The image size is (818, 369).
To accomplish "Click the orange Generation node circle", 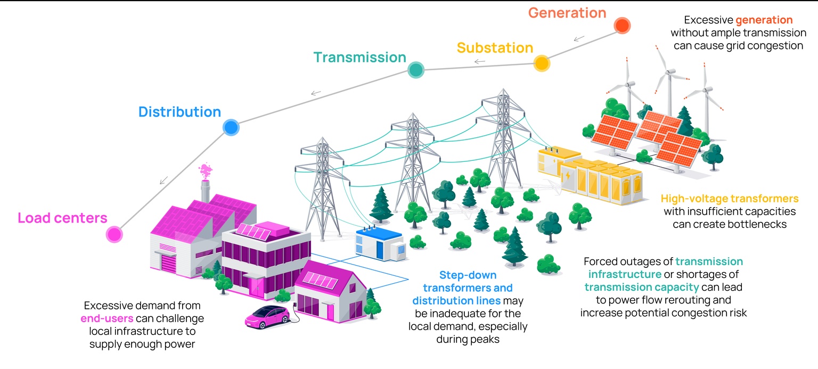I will point(621,25).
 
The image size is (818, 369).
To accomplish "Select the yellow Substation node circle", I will point(541,63).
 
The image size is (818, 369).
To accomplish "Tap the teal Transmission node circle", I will point(415,70).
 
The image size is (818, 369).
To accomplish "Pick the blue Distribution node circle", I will point(231,128).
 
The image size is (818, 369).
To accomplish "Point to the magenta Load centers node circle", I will point(113,234).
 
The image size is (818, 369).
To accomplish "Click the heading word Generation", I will point(567,13).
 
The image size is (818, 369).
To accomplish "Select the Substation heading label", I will point(495,48).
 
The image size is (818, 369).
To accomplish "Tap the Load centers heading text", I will point(62,218).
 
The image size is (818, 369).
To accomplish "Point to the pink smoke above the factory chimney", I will point(204,171).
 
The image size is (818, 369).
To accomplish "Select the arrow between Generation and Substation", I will point(579,38).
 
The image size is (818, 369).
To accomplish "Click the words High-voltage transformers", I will point(730,199).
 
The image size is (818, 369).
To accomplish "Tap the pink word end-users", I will point(103,319).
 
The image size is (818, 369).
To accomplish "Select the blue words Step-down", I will point(468,275).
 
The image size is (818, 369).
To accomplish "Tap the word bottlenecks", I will point(754,224).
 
